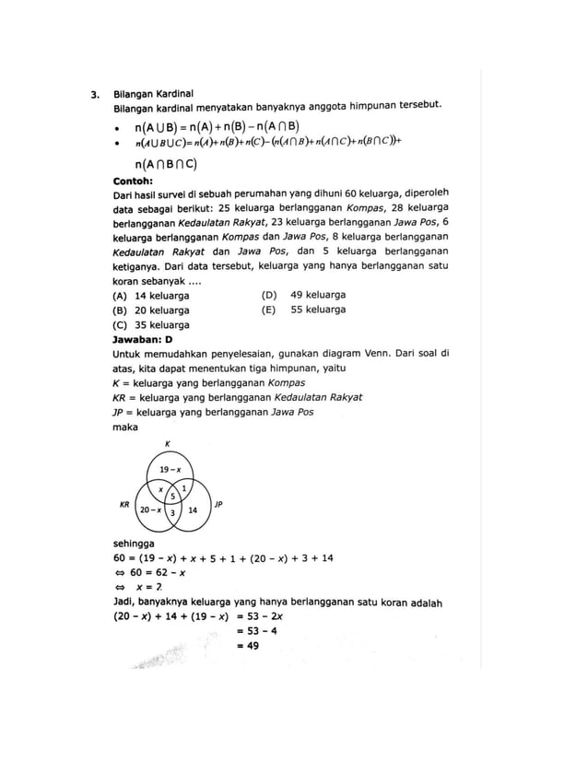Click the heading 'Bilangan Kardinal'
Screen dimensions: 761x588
tap(152, 94)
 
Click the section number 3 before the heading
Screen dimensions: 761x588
tap(94, 94)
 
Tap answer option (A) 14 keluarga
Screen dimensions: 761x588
tap(150, 296)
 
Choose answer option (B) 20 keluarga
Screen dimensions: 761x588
tap(150, 310)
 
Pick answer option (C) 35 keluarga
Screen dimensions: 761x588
tap(150, 325)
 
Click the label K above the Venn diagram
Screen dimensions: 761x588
tap(167, 445)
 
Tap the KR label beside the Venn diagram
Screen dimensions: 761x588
tap(124, 505)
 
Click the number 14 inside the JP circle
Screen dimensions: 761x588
tap(193, 509)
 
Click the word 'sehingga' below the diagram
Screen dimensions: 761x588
tap(132, 544)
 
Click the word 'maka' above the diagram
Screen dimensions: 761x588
tap(124, 427)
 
